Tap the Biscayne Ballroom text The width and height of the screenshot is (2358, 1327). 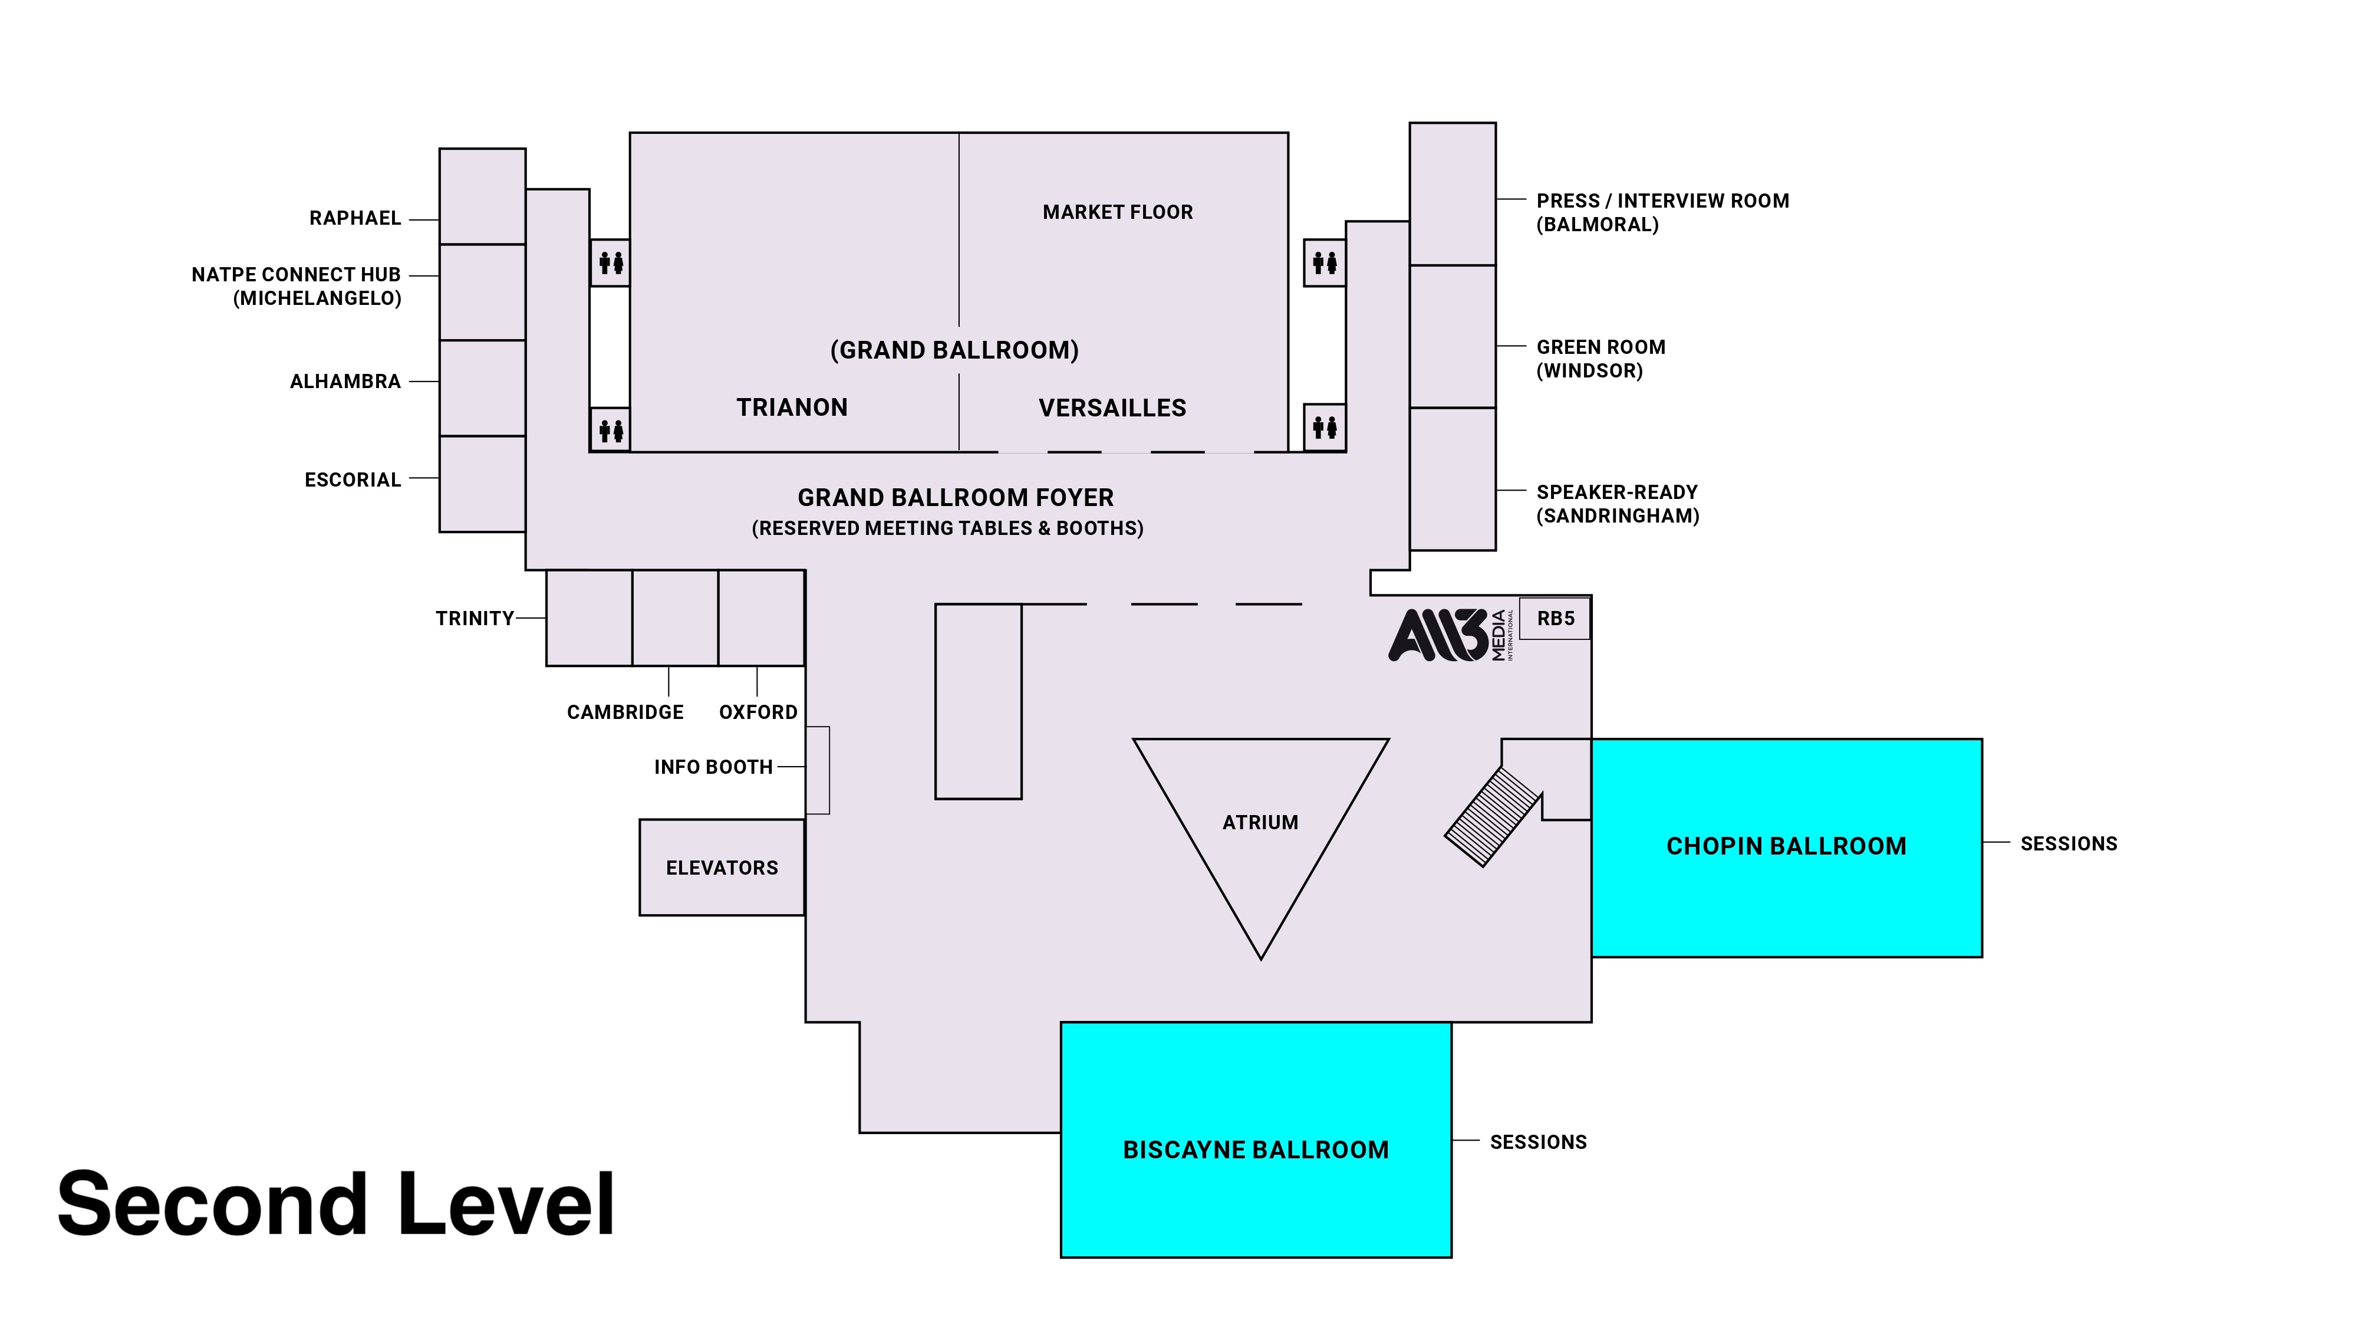(1255, 1150)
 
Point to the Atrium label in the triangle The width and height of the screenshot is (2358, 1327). (1260, 822)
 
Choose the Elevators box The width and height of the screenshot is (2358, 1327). (722, 867)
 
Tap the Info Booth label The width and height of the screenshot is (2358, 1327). (713, 767)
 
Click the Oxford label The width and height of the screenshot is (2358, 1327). (758, 712)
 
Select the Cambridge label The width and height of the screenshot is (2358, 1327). (625, 712)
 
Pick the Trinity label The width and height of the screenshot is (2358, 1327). (474, 619)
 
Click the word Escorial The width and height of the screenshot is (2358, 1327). (353, 480)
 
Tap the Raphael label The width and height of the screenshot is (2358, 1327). (355, 219)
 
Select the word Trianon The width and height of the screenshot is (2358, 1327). (792, 408)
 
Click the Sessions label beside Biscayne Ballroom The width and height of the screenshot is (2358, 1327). (1538, 1142)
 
